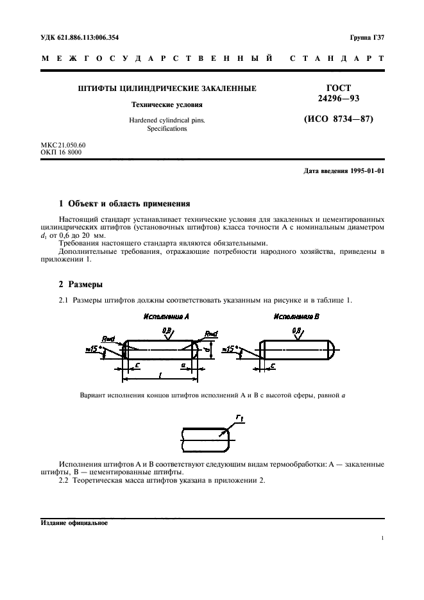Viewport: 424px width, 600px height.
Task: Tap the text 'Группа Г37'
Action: [367, 38]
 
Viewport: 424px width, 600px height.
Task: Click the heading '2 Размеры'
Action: [81, 284]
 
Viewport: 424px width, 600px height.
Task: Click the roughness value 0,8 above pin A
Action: [167, 331]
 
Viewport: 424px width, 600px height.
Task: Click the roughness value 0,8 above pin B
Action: [296, 331]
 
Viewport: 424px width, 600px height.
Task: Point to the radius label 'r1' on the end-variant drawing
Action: [239, 418]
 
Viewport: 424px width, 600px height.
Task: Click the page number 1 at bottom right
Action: [382, 538]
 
